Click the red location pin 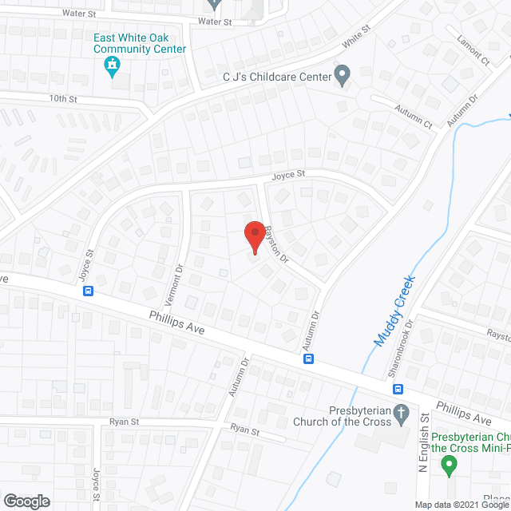pyautogui.click(x=255, y=236)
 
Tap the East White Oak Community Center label pyautogui.click(x=140, y=43)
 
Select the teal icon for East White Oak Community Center pyautogui.click(x=113, y=66)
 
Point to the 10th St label pyautogui.click(x=61, y=99)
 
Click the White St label pyautogui.click(x=358, y=36)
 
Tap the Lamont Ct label pyautogui.click(x=473, y=50)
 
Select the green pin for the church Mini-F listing pyautogui.click(x=450, y=465)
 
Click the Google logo pyautogui.click(x=26, y=501)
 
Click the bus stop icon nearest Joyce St pyautogui.click(x=88, y=291)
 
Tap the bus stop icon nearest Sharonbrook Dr pyautogui.click(x=397, y=389)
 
